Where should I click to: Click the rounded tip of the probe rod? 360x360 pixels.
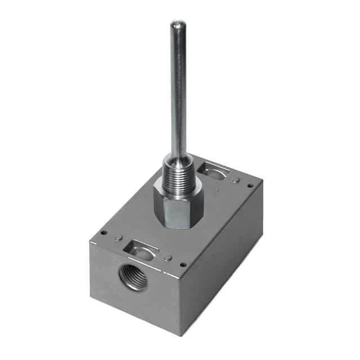click(178, 24)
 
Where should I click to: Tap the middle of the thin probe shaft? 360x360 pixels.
click(179, 90)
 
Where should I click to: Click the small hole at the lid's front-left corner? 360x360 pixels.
click(104, 232)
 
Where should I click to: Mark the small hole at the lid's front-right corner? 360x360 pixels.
click(183, 264)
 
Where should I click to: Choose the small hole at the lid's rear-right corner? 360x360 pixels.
click(250, 185)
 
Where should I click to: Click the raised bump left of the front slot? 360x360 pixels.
click(118, 238)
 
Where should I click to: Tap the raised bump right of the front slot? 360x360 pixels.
click(168, 258)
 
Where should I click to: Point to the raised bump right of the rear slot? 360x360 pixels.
click(236, 180)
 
